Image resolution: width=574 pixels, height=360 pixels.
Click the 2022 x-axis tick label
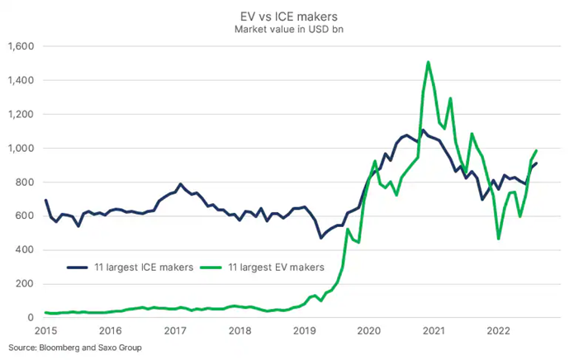(x=497, y=331)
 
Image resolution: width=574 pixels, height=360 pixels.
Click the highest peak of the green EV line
(x=428, y=62)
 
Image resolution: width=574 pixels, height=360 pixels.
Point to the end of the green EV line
(x=537, y=151)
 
